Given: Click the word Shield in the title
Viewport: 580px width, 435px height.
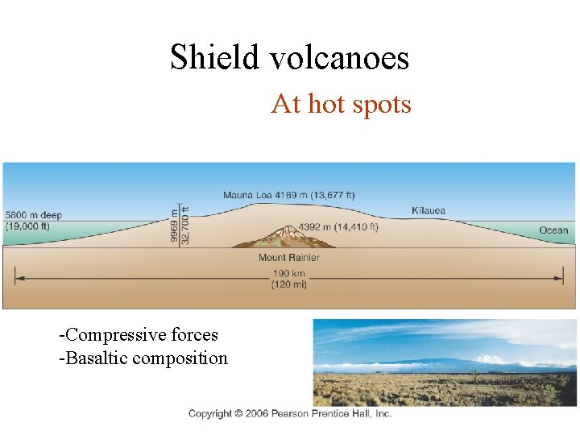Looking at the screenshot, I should pyautogui.click(x=214, y=57).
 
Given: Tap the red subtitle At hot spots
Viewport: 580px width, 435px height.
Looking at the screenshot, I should pyautogui.click(x=341, y=104).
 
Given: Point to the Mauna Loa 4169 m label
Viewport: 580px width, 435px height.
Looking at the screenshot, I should pyautogui.click(x=289, y=194).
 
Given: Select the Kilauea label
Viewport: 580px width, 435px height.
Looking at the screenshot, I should pyautogui.click(x=428, y=211).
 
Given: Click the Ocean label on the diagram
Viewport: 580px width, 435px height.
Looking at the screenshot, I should pyautogui.click(x=553, y=230).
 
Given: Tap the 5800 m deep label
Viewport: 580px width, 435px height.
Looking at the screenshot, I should pyautogui.click(x=33, y=215).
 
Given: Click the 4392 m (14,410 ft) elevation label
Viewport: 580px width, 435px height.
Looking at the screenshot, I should pyautogui.click(x=338, y=227).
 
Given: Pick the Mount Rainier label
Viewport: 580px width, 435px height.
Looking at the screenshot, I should pyautogui.click(x=288, y=258).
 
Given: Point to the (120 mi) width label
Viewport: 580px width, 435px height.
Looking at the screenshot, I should pyautogui.click(x=288, y=284).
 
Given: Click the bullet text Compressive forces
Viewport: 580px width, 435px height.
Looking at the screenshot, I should pyautogui.click(x=139, y=334).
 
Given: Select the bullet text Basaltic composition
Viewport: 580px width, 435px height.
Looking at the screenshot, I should pyautogui.click(x=143, y=358).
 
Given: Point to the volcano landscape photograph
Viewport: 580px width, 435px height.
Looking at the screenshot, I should pyautogui.click(x=445, y=362).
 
